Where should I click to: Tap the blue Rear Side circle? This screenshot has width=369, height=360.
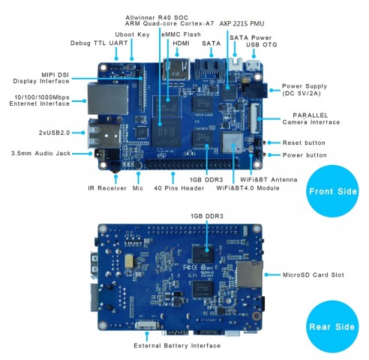(x=332, y=327)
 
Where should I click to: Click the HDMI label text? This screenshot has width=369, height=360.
(x=181, y=43)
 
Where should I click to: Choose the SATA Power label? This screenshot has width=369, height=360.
(x=250, y=37)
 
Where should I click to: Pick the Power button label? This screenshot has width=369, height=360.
(x=306, y=154)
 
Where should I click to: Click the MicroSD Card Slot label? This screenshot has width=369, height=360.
(x=312, y=274)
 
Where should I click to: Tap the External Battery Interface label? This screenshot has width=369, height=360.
(x=177, y=346)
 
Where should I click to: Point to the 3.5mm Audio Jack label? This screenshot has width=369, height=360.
(x=42, y=153)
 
